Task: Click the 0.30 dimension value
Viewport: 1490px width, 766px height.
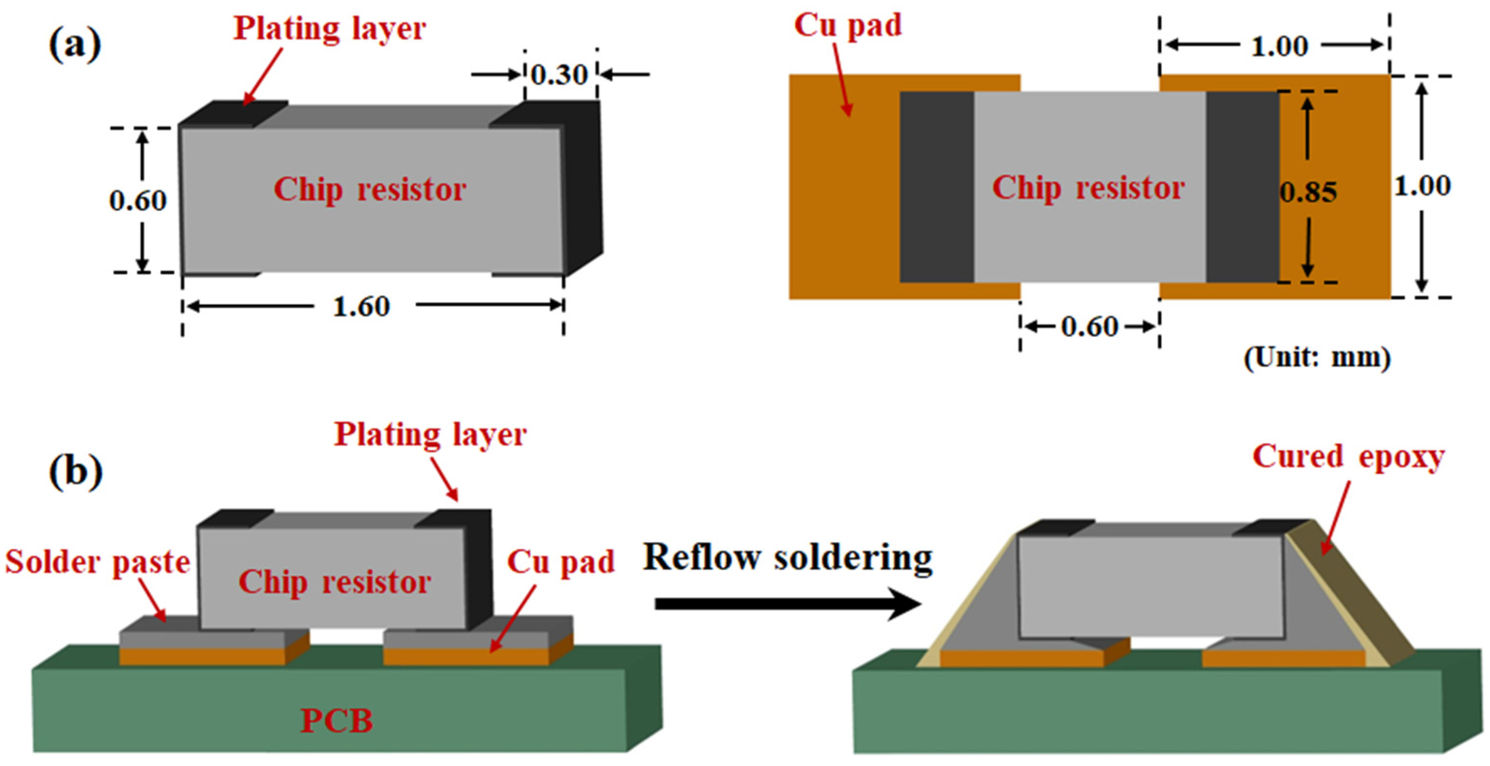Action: [559, 75]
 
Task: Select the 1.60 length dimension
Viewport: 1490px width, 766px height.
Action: [362, 306]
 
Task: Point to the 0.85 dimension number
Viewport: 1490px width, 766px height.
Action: [1308, 193]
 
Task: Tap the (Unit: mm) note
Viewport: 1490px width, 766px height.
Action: [1317, 358]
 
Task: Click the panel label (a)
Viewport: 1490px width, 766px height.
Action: [75, 45]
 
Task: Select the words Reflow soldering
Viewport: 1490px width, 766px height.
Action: [788, 558]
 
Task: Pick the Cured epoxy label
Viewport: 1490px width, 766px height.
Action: [1348, 457]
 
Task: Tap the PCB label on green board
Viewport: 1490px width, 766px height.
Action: [336, 721]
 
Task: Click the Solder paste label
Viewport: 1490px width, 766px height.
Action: [97, 562]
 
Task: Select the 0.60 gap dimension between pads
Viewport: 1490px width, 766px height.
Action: [1090, 327]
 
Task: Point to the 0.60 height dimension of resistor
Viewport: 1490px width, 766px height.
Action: [138, 201]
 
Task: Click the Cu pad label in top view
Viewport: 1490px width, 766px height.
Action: [847, 26]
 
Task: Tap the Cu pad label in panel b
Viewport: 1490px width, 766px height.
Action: [560, 562]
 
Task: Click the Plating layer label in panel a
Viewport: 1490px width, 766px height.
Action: [329, 29]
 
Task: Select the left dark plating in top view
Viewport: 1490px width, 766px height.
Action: [937, 187]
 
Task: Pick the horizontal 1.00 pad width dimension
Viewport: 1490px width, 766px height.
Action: [1279, 46]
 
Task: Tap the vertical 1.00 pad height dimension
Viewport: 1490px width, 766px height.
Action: [1422, 186]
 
